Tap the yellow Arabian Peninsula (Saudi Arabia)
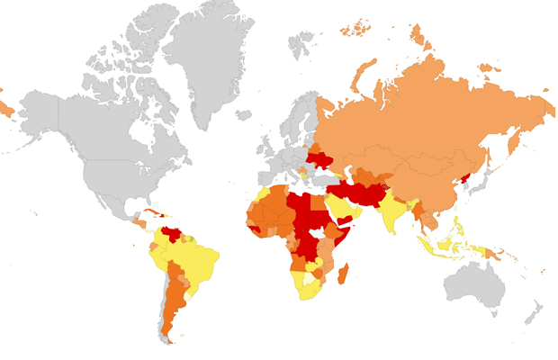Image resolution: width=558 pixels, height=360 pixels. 341,209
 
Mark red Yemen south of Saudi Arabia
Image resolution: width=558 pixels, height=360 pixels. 346,223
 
